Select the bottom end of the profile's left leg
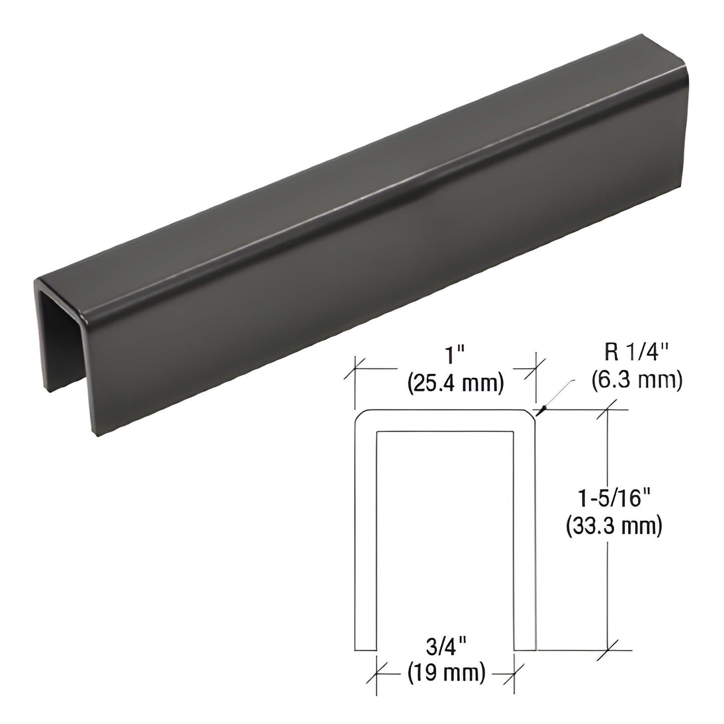tap(365, 649)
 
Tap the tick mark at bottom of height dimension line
tap(608, 650)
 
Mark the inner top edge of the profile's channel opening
tap(445, 431)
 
